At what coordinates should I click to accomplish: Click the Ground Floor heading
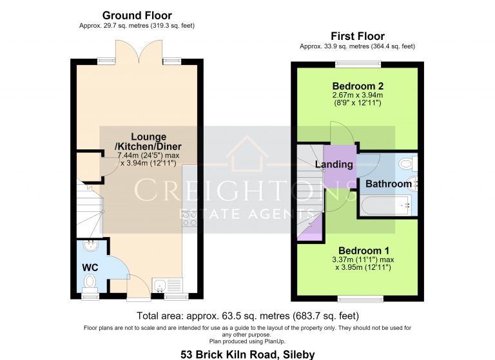click(137, 15)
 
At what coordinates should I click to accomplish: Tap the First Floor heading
click(358, 36)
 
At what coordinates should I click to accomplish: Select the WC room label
click(90, 267)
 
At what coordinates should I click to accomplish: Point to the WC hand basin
click(91, 245)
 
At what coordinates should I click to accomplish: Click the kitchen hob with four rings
click(189, 219)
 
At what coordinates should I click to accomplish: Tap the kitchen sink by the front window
click(160, 285)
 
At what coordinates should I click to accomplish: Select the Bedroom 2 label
click(358, 86)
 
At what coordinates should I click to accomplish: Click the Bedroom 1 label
click(364, 251)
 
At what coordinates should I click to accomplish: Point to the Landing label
click(334, 164)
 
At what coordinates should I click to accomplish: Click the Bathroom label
click(388, 184)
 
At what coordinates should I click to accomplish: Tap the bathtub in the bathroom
click(387, 205)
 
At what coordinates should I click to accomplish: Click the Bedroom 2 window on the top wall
click(358, 64)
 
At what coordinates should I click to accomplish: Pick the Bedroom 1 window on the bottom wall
click(360, 298)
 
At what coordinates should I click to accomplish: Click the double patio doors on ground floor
click(139, 52)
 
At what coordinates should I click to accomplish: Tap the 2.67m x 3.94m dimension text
click(358, 95)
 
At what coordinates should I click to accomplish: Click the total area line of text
click(247, 316)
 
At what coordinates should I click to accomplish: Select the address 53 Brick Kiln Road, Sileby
click(247, 354)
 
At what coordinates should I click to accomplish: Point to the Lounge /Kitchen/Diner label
click(148, 141)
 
